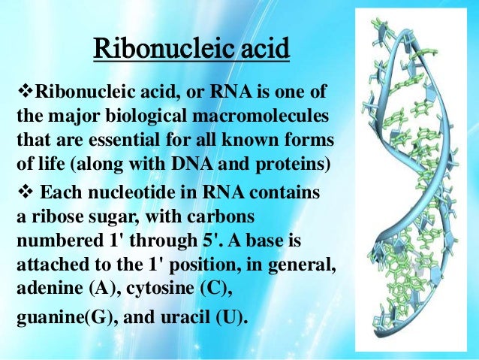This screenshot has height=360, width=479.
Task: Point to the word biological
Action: pyautogui.click(x=141, y=118)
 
